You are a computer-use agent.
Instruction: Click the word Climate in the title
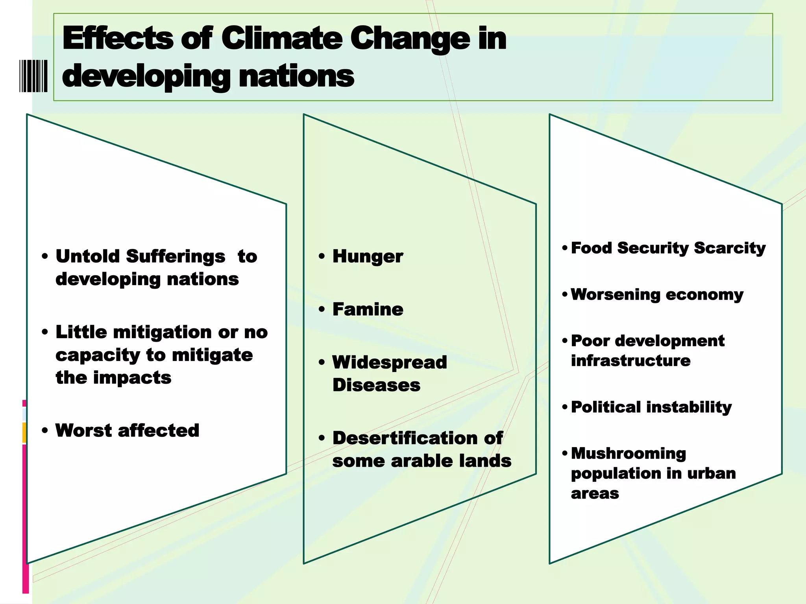tap(281, 39)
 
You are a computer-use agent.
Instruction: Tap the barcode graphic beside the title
tap(33, 76)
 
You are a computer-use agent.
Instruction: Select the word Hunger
tap(368, 257)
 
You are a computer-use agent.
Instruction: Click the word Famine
tap(368, 309)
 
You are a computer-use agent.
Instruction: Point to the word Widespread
tap(390, 362)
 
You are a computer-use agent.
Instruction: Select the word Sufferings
tap(176, 257)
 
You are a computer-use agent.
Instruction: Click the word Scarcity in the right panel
tap(730, 248)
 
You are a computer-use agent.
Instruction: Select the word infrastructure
tap(630, 361)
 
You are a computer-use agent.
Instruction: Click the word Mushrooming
tap(628, 453)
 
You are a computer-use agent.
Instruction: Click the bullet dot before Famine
tap(322, 309)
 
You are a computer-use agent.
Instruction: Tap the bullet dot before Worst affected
tap(45, 431)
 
